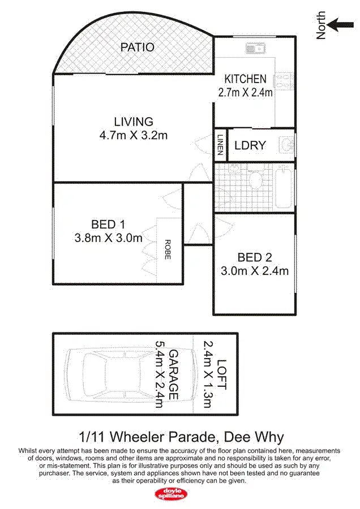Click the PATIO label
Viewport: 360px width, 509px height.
click(x=137, y=47)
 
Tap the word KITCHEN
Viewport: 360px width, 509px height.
click(x=245, y=79)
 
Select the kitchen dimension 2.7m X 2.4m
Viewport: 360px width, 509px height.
click(x=245, y=92)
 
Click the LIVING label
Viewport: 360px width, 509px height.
click(x=134, y=122)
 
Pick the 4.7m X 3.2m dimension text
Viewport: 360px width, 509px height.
click(x=134, y=135)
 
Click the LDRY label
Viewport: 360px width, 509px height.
click(x=250, y=146)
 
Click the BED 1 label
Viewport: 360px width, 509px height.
click(x=109, y=224)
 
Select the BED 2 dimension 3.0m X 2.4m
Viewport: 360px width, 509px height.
click(x=255, y=271)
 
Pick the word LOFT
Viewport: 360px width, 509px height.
click(x=221, y=374)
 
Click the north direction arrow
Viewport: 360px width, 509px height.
click(x=338, y=24)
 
